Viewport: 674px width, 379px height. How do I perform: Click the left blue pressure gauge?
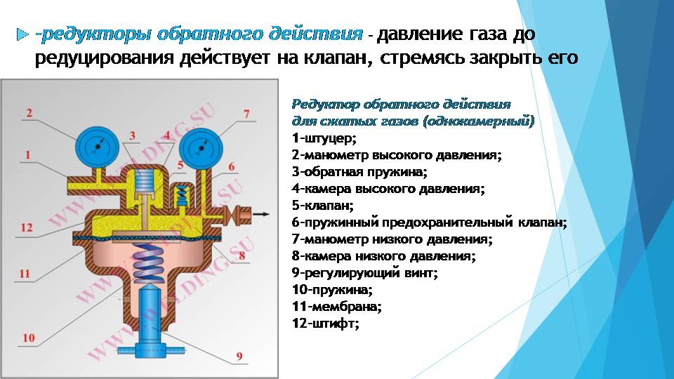(97, 148)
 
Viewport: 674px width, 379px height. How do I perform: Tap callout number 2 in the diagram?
(29, 113)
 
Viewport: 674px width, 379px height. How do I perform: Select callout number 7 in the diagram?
(246, 114)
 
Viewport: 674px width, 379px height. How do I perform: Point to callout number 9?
(239, 356)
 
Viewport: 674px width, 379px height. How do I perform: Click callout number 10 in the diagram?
(29, 338)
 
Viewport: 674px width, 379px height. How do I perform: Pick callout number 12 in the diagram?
(27, 227)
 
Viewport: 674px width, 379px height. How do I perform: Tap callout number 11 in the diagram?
(25, 273)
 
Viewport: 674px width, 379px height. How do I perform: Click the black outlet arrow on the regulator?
(261, 214)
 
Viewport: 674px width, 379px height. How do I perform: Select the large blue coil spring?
(148, 263)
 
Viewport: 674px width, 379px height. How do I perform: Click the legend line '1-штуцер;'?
(324, 138)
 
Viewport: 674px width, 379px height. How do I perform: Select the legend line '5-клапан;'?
(323, 206)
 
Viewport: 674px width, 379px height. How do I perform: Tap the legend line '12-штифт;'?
(325, 323)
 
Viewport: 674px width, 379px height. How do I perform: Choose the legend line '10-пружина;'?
(332, 290)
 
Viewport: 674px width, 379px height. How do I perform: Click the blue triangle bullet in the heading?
(22, 34)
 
